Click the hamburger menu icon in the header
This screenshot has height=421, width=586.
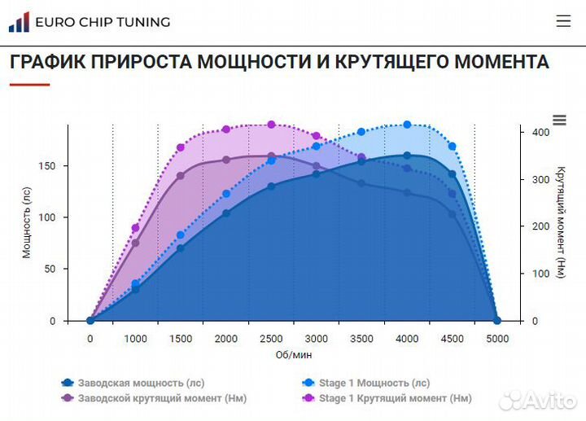pos(563,21)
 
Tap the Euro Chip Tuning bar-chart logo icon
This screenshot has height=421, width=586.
pos(19,22)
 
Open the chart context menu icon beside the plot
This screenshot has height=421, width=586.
pos(559,121)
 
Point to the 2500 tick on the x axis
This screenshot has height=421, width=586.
pos(271,339)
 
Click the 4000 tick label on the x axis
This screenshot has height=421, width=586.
pos(407,339)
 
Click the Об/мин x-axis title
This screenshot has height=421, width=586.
pos(293,355)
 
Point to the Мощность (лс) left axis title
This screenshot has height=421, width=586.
pos(27,221)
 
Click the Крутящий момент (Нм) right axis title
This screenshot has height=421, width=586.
pos(561,221)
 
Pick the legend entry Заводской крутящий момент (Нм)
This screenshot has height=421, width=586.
pos(154,398)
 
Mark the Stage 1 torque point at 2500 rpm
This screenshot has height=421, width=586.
pos(271,125)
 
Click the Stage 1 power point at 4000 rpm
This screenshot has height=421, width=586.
pos(407,125)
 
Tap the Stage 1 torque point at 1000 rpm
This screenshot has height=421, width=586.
pos(135,229)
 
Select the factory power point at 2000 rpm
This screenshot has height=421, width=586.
pos(226,213)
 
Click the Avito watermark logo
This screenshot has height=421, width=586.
pos(537,400)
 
